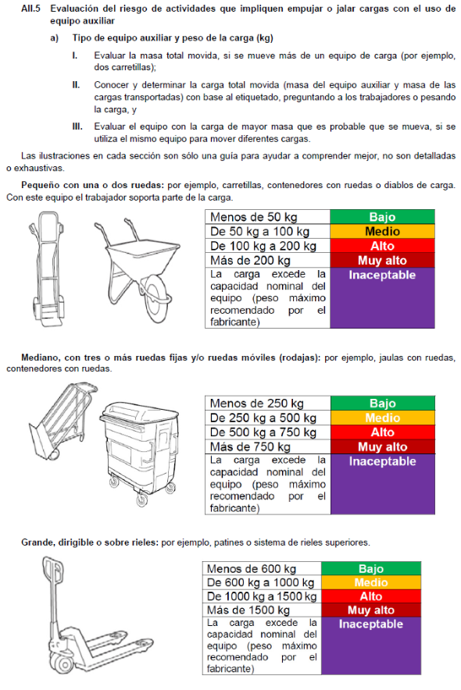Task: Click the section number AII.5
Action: tap(30, 9)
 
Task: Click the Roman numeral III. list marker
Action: tap(77, 126)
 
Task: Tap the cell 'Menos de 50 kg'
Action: tap(267, 217)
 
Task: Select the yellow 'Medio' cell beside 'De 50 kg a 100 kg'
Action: tap(382, 232)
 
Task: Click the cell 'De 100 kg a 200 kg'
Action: tap(267, 246)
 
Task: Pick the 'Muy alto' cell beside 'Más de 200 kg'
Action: tap(382, 261)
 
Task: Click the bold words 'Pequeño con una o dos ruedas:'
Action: tap(93, 185)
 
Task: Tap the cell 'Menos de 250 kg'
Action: tap(268, 404)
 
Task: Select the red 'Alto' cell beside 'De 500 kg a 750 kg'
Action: tap(383, 432)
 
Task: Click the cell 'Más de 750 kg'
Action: tap(268, 446)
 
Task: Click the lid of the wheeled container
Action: tap(140, 414)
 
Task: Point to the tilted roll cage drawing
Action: tap(62, 422)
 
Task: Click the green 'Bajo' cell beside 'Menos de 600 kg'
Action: tap(371, 568)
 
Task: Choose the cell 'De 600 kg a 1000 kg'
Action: tap(262, 582)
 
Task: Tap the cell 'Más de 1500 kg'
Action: tap(262, 610)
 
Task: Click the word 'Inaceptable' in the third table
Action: tap(370, 624)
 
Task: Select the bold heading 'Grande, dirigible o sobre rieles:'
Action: tap(89, 542)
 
